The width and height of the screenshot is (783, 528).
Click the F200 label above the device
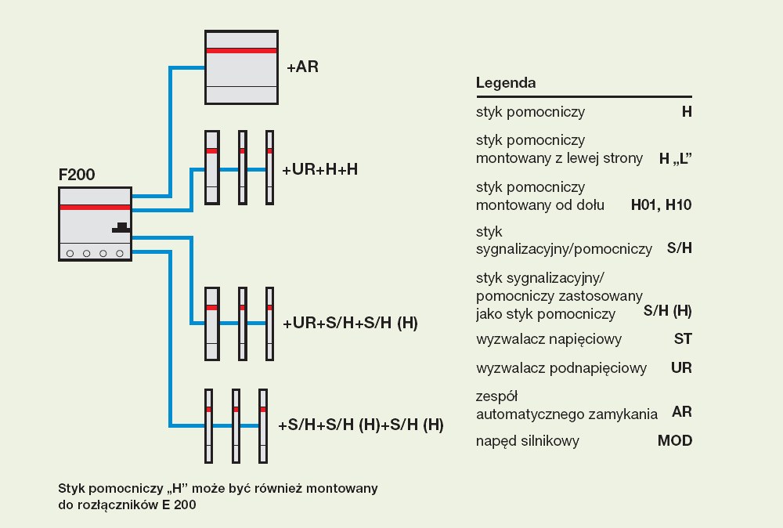(x=77, y=175)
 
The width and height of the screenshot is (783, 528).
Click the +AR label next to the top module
(x=302, y=67)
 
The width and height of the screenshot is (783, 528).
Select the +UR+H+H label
(x=320, y=169)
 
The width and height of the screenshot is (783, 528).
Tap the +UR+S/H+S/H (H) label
(x=350, y=323)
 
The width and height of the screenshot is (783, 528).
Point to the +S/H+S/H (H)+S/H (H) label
(x=361, y=425)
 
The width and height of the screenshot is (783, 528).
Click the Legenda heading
(x=506, y=83)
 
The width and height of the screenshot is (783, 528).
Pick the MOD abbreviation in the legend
(x=675, y=441)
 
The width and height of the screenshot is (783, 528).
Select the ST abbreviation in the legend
(x=683, y=339)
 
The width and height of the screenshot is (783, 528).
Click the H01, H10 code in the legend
(x=661, y=205)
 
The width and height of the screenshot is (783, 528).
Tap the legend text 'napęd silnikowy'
(x=528, y=441)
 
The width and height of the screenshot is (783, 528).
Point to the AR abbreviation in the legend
(x=682, y=412)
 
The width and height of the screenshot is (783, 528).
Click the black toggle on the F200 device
(x=121, y=227)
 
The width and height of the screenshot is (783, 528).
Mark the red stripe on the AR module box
(x=241, y=50)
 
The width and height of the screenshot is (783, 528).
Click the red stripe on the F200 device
(x=95, y=207)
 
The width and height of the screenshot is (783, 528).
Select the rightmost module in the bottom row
(x=263, y=425)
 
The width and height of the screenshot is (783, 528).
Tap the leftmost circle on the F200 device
(x=70, y=253)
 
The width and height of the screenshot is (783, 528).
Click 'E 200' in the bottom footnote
(x=179, y=505)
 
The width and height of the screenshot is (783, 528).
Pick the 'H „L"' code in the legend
(x=676, y=158)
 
